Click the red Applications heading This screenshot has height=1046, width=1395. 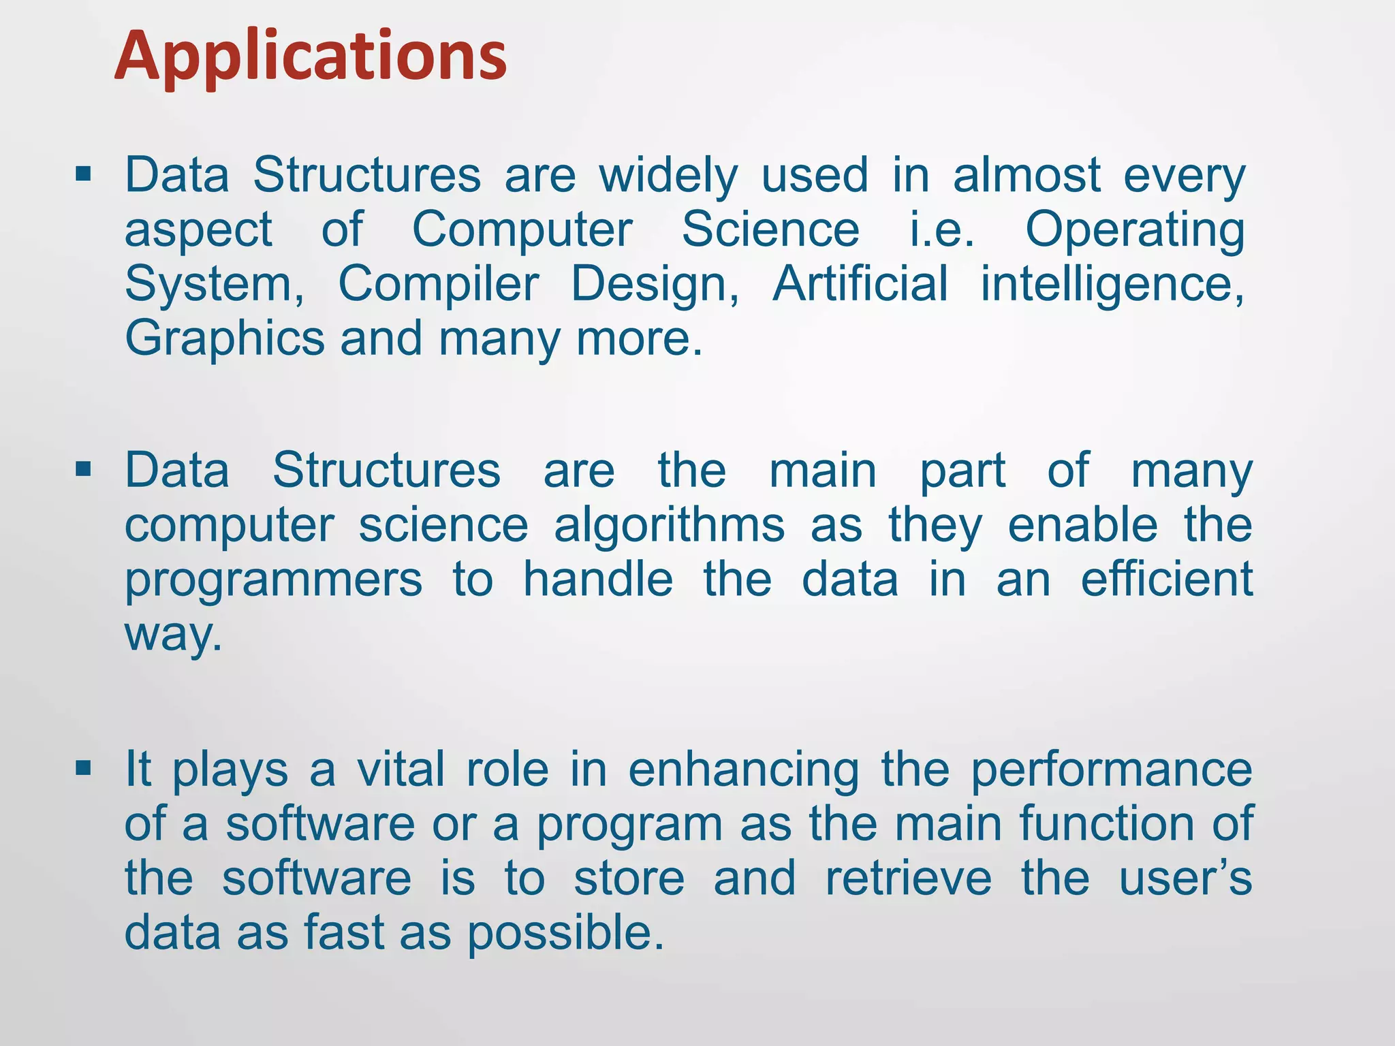[311, 56]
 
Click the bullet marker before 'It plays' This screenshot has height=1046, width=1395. [84, 769]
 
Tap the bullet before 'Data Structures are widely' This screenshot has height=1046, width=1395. [84, 174]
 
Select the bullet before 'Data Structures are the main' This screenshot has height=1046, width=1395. [84, 469]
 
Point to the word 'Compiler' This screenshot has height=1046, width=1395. [439, 285]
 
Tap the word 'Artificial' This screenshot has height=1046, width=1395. [860, 283]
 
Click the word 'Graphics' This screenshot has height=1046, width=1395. [225, 339]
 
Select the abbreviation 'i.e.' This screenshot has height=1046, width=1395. [942, 230]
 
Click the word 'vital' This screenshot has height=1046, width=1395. [401, 770]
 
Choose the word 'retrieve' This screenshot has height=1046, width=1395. [908, 878]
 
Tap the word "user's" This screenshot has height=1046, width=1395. [1185, 878]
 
